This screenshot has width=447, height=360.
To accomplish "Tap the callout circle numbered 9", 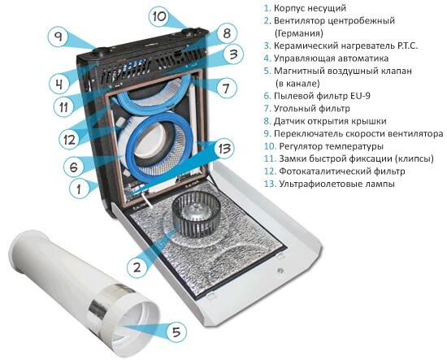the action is [x=59, y=37].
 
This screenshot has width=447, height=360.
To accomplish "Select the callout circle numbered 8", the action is [x=227, y=33].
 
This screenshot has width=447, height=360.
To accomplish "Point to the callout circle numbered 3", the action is [x=233, y=54].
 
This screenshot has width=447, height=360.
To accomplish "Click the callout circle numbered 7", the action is [x=226, y=88].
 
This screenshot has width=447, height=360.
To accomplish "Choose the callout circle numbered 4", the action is [x=59, y=84].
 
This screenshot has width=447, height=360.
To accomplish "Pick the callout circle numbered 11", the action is [x=64, y=107].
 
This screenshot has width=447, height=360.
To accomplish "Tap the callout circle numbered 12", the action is [x=70, y=140].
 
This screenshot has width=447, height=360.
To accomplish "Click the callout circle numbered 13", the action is [x=224, y=148].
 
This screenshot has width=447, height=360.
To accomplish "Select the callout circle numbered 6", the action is [x=74, y=167].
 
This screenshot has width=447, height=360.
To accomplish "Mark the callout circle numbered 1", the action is [x=80, y=189].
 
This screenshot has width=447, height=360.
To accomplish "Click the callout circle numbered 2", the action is [x=137, y=267].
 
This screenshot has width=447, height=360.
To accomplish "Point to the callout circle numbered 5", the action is [x=176, y=332].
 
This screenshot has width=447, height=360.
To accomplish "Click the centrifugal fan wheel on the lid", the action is [x=197, y=213].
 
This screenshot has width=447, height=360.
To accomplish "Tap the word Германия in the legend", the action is [x=299, y=33].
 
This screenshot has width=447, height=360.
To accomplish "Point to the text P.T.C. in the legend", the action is [x=407, y=46].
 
